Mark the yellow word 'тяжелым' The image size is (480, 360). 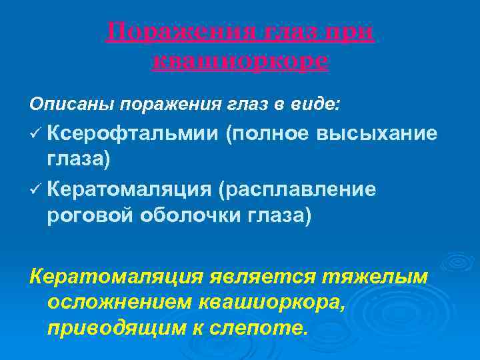coord(380,275)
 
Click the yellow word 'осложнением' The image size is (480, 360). coord(121,302)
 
